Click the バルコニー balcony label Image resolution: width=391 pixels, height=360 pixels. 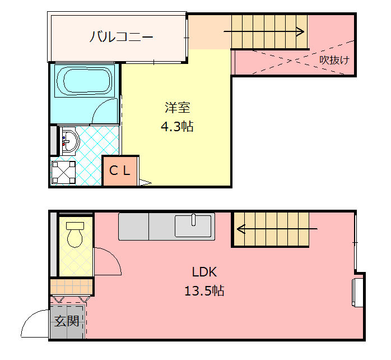pyautogui.click(x=121, y=36)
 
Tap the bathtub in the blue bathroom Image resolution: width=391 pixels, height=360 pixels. pyautogui.click(x=85, y=81)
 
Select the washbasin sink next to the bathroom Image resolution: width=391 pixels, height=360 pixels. pyautogui.click(x=69, y=141)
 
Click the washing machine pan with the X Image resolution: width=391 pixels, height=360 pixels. pyautogui.click(x=63, y=173)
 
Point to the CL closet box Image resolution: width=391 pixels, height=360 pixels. pyautogui.click(x=120, y=171)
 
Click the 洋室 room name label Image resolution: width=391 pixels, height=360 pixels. pyautogui.click(x=178, y=108)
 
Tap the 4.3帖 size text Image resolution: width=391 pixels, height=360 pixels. pyautogui.click(x=178, y=126)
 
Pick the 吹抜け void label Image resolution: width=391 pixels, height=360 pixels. pyautogui.click(x=334, y=60)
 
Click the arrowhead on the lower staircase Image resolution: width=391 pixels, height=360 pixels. pyautogui.click(x=241, y=229)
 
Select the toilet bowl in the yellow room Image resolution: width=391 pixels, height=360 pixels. pyautogui.click(x=75, y=235)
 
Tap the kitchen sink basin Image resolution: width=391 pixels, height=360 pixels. pyautogui.click(x=193, y=226)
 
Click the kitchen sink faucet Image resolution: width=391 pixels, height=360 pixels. pyautogui.click(x=193, y=220)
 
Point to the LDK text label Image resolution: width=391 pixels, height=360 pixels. pyautogui.click(x=204, y=272)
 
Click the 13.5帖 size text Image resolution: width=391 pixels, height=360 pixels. pyautogui.click(x=204, y=291)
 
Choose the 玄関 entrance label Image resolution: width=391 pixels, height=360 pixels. pyautogui.click(x=67, y=321)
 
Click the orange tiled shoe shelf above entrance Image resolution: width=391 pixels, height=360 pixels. pyautogui.click(x=71, y=287)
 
